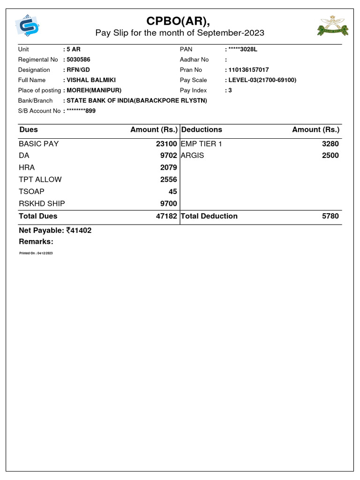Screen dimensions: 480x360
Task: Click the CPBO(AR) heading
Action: (x=180, y=21)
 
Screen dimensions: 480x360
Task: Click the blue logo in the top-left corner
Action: (x=27, y=27)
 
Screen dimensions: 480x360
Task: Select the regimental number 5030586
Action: (x=78, y=60)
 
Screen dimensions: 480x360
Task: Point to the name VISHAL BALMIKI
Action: (x=91, y=80)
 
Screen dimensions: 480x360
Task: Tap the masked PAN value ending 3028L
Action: (x=243, y=49)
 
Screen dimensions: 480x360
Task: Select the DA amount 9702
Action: (x=168, y=156)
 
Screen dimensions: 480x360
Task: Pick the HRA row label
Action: (x=27, y=167)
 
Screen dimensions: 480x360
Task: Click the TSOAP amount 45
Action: (x=172, y=191)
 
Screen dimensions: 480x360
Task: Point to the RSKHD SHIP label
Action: (x=42, y=203)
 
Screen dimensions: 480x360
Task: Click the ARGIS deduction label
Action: (x=193, y=156)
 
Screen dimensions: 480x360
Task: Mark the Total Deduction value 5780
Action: (x=330, y=216)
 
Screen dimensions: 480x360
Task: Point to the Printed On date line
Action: (x=36, y=253)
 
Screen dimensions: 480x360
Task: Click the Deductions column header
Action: (x=202, y=130)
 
